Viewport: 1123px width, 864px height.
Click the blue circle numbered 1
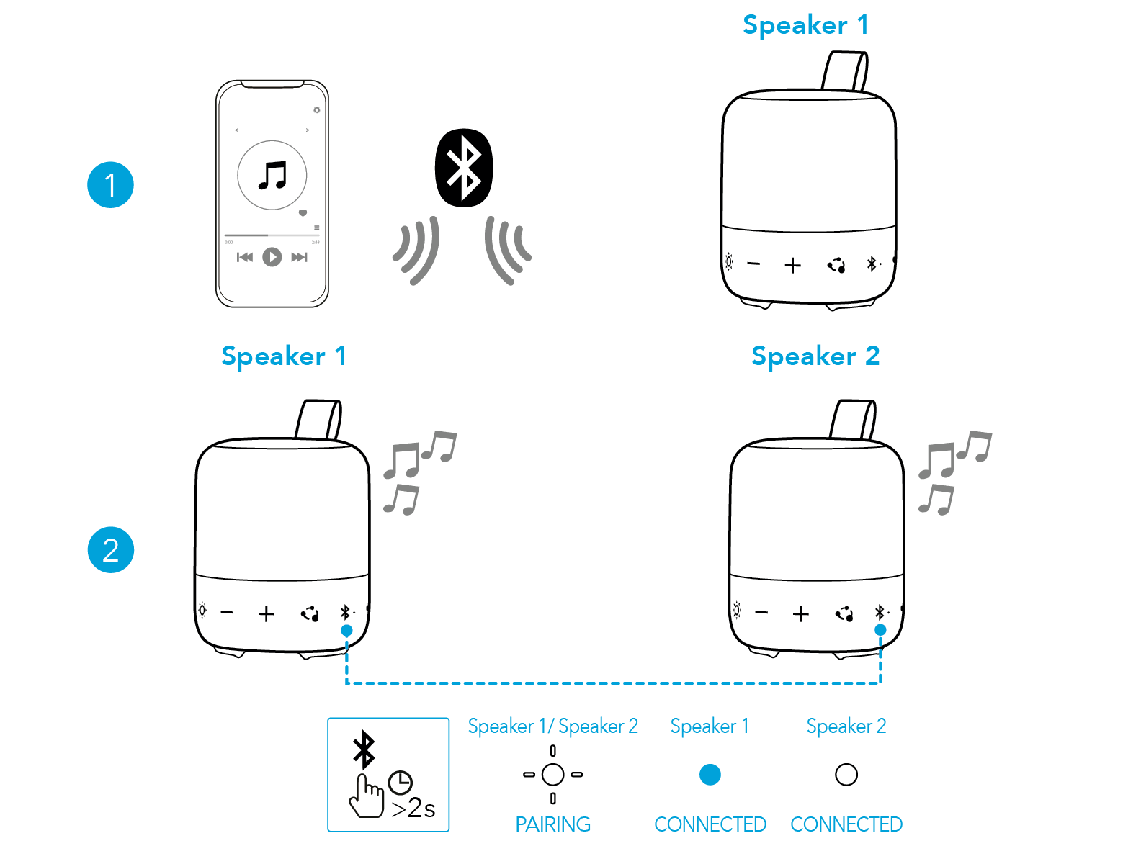tap(110, 185)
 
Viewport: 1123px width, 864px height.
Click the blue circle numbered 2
tap(110, 550)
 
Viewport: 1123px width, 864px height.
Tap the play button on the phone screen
tap(272, 256)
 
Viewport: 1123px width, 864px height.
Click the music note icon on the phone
tap(272, 175)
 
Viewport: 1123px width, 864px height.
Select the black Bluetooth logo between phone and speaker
tap(464, 168)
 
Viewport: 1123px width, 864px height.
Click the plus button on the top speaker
tap(792, 266)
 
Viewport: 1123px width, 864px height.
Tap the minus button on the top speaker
tap(753, 264)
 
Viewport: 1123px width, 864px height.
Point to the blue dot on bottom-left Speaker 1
tap(346, 631)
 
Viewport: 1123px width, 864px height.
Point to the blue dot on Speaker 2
tap(880, 630)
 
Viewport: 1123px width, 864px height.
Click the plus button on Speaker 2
tap(800, 613)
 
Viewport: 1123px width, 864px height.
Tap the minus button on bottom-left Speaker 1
tap(227, 613)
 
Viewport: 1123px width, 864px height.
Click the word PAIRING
tap(552, 824)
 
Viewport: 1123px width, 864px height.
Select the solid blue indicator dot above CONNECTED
tap(710, 775)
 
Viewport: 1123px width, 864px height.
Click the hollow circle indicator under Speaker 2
tap(846, 775)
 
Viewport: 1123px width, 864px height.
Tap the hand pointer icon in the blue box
tap(367, 796)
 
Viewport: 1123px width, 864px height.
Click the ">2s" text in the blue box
tap(413, 809)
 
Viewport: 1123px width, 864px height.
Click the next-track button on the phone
tap(299, 257)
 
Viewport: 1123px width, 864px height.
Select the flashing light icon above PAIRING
tap(552, 775)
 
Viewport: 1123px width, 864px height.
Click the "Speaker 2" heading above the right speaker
tap(815, 356)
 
